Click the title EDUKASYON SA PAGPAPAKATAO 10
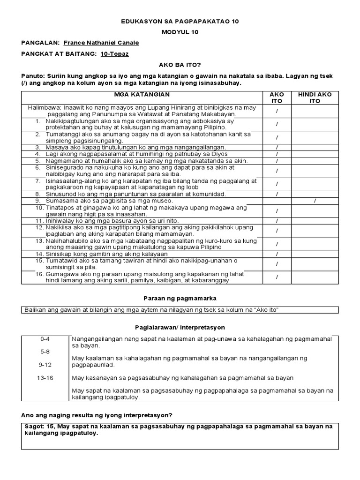(180, 22)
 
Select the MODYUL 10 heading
(180, 32)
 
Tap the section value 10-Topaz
(114, 54)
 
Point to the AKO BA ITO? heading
(180, 65)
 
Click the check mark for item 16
(277, 277)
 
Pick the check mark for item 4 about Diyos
(277, 154)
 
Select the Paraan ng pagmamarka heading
(180, 298)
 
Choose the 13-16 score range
(46, 378)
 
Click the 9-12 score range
(46, 364)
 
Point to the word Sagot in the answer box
(33, 426)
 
